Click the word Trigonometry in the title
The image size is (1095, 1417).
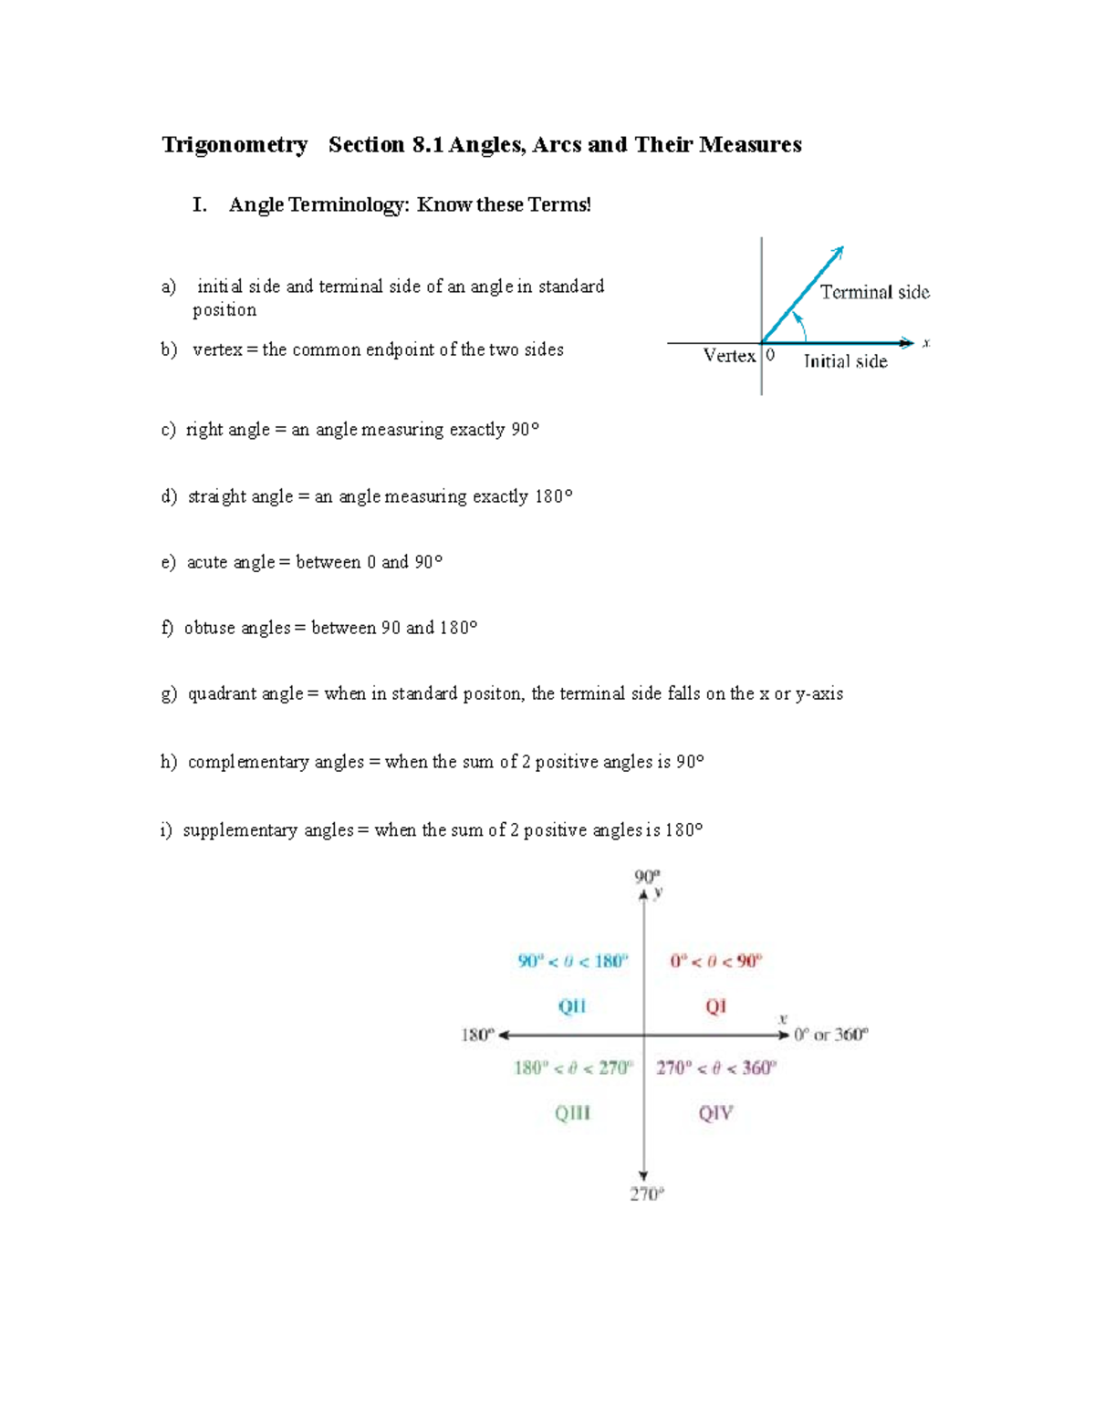point(235,145)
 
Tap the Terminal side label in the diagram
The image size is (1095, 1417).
point(874,292)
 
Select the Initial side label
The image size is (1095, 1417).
point(845,361)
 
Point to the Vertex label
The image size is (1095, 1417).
point(729,356)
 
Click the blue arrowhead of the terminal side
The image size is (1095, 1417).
point(838,253)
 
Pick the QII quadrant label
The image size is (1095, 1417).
point(572,1006)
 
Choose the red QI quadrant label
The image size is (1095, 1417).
point(715,1006)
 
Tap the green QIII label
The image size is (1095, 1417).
point(572,1113)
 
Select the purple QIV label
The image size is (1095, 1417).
point(715,1113)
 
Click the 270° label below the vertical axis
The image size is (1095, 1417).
point(646,1194)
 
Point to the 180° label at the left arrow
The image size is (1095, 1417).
point(477,1035)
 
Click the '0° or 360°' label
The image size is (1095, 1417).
point(830,1035)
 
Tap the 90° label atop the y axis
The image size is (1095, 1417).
point(646,877)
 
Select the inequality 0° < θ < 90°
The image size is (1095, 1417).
point(715,961)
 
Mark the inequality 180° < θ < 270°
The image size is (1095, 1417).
point(572,1068)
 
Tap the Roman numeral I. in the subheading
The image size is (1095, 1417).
point(200,205)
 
